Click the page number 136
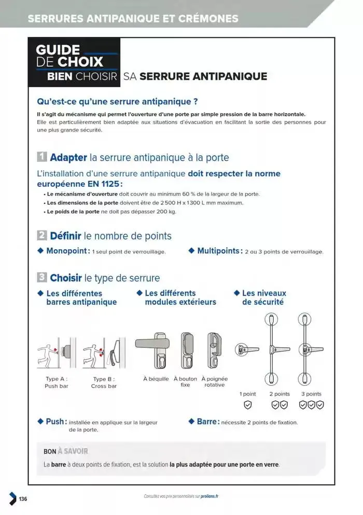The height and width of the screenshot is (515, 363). pos(23,499)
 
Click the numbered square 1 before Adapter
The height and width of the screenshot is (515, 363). pos(42,157)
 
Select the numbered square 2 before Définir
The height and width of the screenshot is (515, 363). pos(42,236)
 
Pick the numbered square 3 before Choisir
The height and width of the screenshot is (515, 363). pos(42,278)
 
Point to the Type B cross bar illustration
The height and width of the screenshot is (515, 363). pos(104,353)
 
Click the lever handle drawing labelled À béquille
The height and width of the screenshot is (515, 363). pos(155,348)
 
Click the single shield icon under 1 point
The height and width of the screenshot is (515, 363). pos(248,405)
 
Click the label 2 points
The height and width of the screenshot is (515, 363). pos(280,394)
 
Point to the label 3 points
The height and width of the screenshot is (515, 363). pos(311,394)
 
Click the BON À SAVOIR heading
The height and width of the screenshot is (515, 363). pos(66,452)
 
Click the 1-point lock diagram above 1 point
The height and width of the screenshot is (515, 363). pos(248,349)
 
